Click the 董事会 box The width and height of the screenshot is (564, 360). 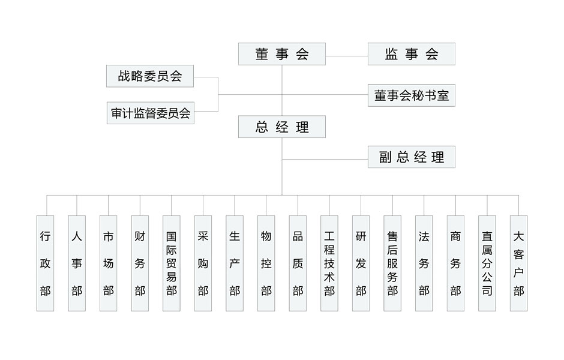pyautogui.click(x=281, y=54)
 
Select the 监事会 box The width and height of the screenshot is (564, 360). pyautogui.click(x=411, y=54)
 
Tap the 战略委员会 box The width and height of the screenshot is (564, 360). pyautogui.click(x=149, y=76)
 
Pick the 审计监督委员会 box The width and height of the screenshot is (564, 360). pyautogui.click(x=149, y=113)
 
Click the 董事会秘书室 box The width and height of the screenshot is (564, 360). pyautogui.click(x=411, y=95)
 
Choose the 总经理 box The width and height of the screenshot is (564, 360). pyautogui.click(x=281, y=127)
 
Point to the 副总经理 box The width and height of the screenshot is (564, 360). pyautogui.click(x=411, y=157)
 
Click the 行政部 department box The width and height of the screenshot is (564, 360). pyautogui.click(x=46, y=263)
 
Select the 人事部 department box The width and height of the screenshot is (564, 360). pyautogui.click(x=77, y=263)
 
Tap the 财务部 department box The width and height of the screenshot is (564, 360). pyautogui.click(x=140, y=263)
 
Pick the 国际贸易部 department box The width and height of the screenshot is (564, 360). pyautogui.click(x=172, y=263)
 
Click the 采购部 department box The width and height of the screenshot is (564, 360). pyautogui.click(x=203, y=263)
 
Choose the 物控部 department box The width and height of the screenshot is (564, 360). pyautogui.click(x=266, y=263)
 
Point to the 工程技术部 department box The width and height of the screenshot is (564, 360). pyautogui.click(x=329, y=263)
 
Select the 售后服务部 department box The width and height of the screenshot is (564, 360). pyautogui.click(x=392, y=263)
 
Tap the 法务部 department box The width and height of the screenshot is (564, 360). pyautogui.click(x=424, y=263)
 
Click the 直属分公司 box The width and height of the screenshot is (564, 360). pyautogui.click(x=487, y=263)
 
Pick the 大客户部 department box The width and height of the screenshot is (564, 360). pyautogui.click(x=518, y=263)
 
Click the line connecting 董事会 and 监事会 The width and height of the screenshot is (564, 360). pyautogui.click(x=346, y=56)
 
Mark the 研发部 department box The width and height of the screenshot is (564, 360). pyautogui.click(x=361, y=263)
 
